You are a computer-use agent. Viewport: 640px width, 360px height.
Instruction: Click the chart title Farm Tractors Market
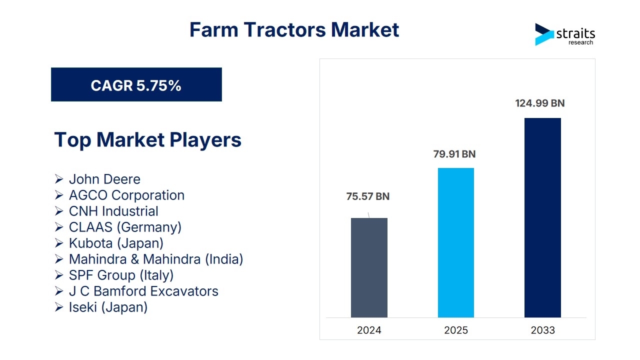[x=294, y=29]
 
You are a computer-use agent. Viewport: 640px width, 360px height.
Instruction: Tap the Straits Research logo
[x=565, y=34]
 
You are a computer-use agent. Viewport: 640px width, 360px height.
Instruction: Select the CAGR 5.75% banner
[x=136, y=84]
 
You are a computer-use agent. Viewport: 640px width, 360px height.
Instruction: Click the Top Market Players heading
[x=147, y=139]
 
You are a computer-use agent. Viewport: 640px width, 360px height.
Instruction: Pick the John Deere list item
[x=104, y=179]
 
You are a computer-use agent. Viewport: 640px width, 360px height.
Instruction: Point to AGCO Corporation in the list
[x=127, y=195]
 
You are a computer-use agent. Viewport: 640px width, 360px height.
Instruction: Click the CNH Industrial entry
[x=113, y=211]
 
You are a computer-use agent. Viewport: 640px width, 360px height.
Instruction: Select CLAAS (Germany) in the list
[x=125, y=227]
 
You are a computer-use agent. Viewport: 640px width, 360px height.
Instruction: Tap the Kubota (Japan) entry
[x=116, y=243]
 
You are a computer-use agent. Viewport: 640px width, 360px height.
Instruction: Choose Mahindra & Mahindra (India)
[x=156, y=259]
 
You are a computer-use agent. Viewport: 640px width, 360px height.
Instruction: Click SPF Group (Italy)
[x=121, y=275]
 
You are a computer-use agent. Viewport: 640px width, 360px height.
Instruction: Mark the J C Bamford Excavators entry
[x=143, y=291]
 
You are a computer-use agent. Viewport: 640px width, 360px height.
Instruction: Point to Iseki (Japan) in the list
[x=108, y=307]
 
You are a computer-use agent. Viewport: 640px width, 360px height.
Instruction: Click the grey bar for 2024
[x=369, y=267]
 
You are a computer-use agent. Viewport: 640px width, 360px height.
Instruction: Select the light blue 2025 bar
[x=456, y=242]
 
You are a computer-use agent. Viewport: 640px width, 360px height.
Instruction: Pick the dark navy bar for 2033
[x=542, y=217]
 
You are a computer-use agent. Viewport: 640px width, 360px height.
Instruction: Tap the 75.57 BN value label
[x=367, y=196]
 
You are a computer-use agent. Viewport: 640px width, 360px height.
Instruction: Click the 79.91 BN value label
[x=454, y=154]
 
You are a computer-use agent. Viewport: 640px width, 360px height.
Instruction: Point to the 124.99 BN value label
[x=539, y=103]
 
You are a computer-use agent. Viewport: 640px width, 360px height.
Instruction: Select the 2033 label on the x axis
[x=542, y=330]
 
